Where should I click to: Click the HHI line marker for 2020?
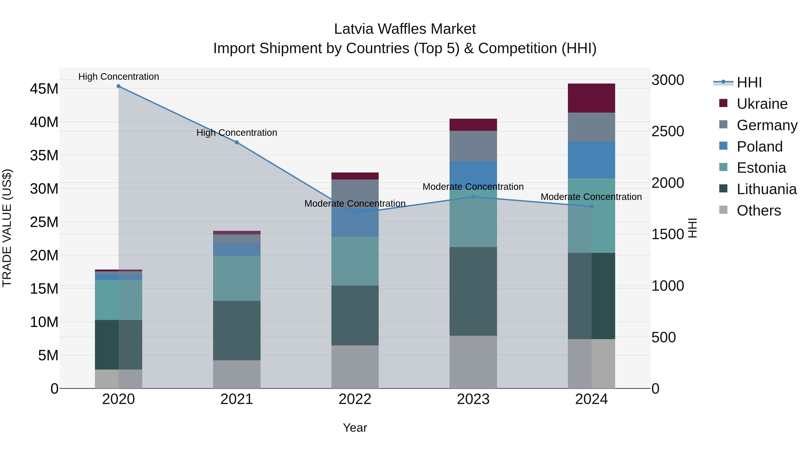pos(119,86)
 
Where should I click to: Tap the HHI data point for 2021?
pos(237,142)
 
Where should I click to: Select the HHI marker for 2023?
pos(473,197)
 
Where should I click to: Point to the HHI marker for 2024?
pos(592,206)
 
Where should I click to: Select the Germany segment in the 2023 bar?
pos(473,146)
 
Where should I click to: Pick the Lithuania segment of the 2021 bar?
pos(236,330)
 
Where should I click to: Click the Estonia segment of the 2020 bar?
pos(119,300)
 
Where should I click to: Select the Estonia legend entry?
pos(761,168)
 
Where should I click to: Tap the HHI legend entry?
pos(749,82)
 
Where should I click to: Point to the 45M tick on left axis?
pos(44,89)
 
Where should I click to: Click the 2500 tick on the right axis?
pos(668,131)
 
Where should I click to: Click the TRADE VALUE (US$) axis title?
pos(7,228)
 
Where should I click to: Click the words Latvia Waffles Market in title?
pos(405,29)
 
